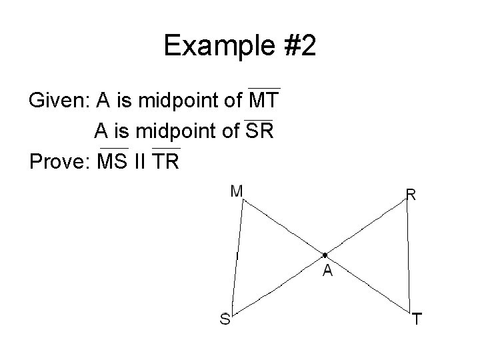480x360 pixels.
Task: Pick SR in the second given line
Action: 259,131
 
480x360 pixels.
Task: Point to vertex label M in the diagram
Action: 236,192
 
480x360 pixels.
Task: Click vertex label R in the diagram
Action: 411,195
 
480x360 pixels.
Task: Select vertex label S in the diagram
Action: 225,319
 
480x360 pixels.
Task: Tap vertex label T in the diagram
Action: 416,320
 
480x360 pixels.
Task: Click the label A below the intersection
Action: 327,271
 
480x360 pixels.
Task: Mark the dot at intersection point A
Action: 323,255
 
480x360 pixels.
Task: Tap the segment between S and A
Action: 279,282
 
